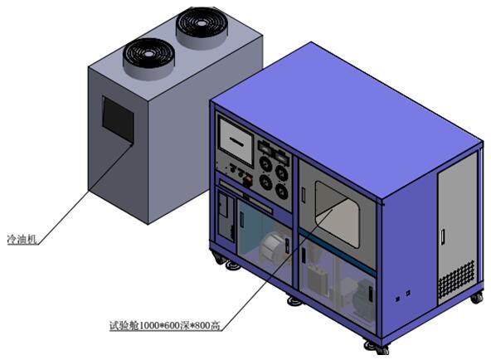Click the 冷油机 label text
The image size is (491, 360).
pos(22,240)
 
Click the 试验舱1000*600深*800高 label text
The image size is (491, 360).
pos(164,325)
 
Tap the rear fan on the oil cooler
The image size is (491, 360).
pos(202,27)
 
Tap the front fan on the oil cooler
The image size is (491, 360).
pos(148,59)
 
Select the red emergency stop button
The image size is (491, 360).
pos(248,180)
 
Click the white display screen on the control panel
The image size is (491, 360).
pos(236,142)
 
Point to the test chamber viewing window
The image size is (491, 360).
pos(338,214)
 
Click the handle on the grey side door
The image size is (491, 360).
pos(443,237)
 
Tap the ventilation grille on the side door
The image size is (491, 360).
pos(456,280)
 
